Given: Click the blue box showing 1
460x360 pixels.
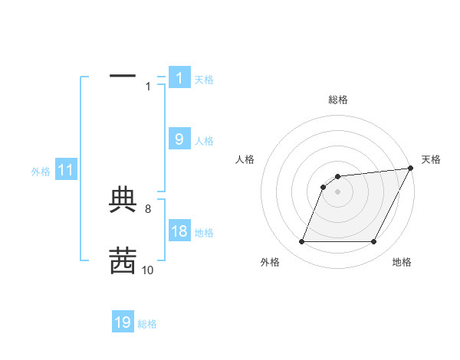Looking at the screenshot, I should (x=179, y=78).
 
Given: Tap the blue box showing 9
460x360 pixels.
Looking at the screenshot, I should (x=179, y=139).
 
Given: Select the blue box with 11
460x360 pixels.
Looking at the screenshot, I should (x=65, y=171).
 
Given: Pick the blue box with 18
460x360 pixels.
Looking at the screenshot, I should (x=179, y=232).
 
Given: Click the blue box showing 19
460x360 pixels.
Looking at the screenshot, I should (x=123, y=322).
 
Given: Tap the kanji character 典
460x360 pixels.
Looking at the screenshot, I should (x=123, y=200).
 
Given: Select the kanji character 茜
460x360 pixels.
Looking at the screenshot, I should (x=123, y=260).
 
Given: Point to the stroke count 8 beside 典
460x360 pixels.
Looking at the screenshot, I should (x=148, y=208).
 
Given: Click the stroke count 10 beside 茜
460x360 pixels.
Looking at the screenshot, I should (x=148, y=270).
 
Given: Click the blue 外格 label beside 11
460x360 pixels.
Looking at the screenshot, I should (x=41, y=172).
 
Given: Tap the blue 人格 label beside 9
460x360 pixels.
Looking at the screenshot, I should (x=204, y=140).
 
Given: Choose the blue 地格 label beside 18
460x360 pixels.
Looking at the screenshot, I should (x=204, y=233).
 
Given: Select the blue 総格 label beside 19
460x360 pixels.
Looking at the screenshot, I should (x=147, y=324).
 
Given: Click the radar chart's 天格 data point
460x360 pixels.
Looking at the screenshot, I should (x=411, y=169).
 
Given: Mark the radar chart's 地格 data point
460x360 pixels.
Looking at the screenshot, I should (x=374, y=242).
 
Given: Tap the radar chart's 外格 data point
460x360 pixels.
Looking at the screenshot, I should (x=301, y=242).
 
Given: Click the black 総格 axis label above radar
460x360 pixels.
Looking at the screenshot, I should (x=337, y=100).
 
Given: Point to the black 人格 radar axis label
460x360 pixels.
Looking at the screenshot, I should (x=245, y=159).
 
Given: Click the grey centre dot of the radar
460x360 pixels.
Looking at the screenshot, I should (x=337, y=191).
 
